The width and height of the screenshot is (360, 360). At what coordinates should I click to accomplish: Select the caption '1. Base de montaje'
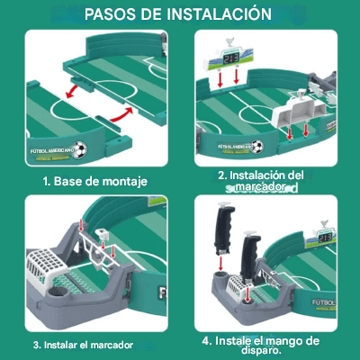coord(94,180)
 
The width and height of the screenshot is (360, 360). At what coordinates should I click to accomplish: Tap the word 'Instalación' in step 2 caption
coord(248,175)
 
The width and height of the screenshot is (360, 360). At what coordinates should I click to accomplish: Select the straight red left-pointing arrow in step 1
coord(78,90)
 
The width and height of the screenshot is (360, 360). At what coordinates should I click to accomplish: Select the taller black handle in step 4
coord(223,231)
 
